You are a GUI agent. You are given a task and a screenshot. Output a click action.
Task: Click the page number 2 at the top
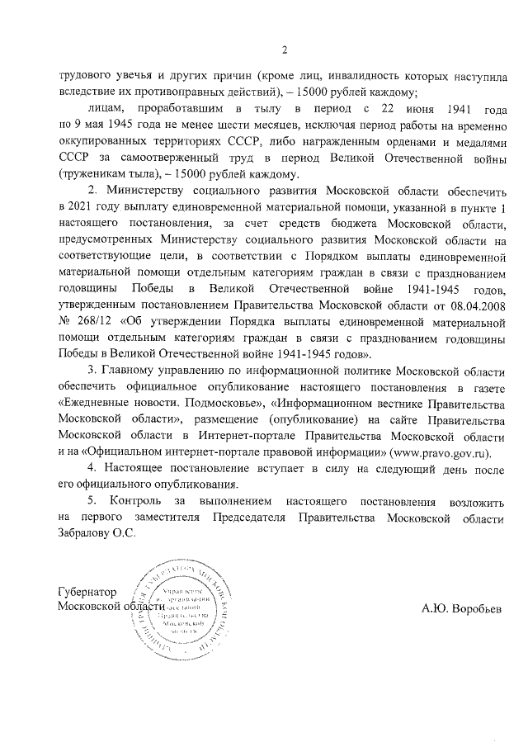[283, 51]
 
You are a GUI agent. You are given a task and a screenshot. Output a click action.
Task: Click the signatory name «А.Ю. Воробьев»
[460, 609]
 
